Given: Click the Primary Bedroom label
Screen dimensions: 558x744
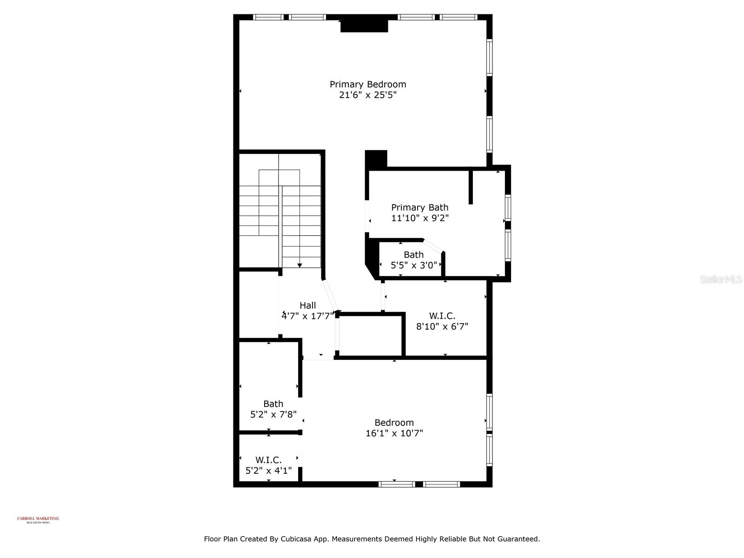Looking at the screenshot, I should tap(368, 84).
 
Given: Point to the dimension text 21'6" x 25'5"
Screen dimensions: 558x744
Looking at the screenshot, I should tap(368, 95).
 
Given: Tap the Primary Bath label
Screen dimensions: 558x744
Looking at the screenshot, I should tap(419, 207).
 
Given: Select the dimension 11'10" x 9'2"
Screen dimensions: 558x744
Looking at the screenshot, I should tap(419, 218).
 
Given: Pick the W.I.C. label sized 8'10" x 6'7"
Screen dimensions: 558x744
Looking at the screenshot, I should tap(442, 316).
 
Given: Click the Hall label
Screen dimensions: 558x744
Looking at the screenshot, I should tap(307, 306).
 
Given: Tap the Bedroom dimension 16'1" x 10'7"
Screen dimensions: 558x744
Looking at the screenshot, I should tap(394, 433).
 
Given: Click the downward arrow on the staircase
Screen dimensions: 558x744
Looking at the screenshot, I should tap(300, 265).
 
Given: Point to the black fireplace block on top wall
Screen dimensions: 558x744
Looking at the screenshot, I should tap(364, 26).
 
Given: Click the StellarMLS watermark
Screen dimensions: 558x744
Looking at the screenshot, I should tap(720, 279).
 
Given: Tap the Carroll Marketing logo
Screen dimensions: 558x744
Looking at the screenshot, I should tap(38, 519).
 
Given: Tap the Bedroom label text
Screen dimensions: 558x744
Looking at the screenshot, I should tap(394, 423).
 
